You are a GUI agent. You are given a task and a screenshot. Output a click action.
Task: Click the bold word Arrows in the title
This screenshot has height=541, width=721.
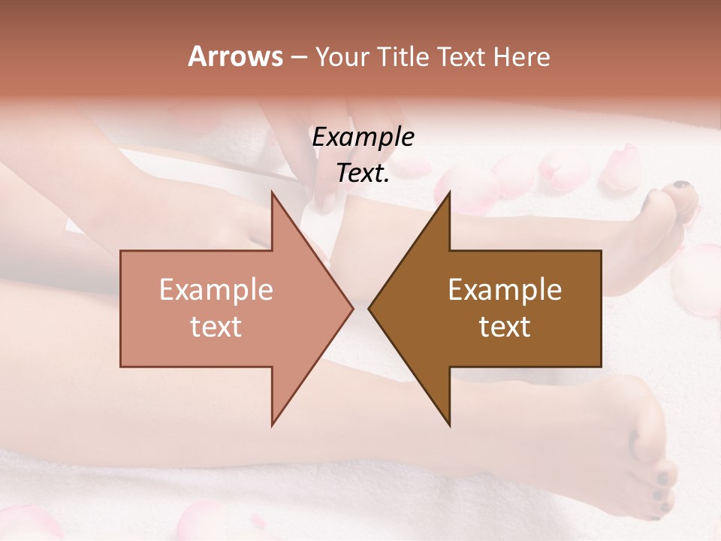[x=235, y=56]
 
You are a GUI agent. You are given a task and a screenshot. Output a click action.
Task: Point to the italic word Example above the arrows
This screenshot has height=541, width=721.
[x=363, y=138]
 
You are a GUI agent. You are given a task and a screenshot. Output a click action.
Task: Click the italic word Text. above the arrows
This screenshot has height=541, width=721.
[x=363, y=173]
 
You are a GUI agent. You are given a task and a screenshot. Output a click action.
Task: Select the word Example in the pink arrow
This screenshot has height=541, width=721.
[x=216, y=290]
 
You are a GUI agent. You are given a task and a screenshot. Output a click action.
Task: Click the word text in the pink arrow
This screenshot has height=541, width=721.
[x=216, y=327]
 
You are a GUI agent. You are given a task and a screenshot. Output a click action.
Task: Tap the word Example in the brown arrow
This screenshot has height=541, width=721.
[x=505, y=290]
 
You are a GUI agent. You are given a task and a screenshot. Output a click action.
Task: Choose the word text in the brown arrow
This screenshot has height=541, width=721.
[x=505, y=327]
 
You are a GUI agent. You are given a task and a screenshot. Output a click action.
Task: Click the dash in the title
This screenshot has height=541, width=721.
[x=298, y=57]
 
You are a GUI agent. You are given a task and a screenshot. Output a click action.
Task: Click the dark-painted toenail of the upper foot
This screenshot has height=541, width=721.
[x=682, y=186]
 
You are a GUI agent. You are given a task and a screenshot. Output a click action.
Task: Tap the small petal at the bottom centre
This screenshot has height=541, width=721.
[x=258, y=520]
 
